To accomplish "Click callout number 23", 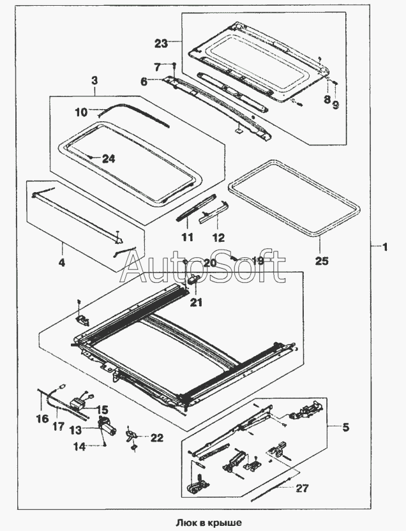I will pyautogui.click(x=161, y=43).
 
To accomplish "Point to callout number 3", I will pyautogui.click(x=94, y=81).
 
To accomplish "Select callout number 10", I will pyautogui.click(x=80, y=112).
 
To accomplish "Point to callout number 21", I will pyautogui.click(x=196, y=303).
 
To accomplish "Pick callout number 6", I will pyautogui.click(x=144, y=81).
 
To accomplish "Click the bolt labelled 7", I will pyautogui.click(x=174, y=64).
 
